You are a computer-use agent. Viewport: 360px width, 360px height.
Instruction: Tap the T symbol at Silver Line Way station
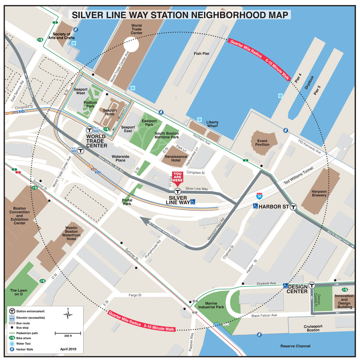(x=177, y=192)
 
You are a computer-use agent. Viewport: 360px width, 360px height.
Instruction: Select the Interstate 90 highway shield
(x=259, y=196)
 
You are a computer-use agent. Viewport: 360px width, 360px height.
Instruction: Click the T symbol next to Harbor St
(x=294, y=207)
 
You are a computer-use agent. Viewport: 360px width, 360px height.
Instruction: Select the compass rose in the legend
(x=68, y=314)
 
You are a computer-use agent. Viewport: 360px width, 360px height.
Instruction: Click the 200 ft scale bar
(x=68, y=334)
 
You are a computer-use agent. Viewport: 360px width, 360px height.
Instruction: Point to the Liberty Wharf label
(x=212, y=125)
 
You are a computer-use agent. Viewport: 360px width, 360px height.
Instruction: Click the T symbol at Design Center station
(x=312, y=285)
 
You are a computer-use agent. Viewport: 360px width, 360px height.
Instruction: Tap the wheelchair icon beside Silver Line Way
(x=193, y=202)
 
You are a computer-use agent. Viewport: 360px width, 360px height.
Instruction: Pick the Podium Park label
(x=90, y=105)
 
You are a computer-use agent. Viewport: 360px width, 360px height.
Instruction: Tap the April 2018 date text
(x=68, y=349)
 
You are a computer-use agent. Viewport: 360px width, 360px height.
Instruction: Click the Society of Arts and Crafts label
(x=61, y=36)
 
